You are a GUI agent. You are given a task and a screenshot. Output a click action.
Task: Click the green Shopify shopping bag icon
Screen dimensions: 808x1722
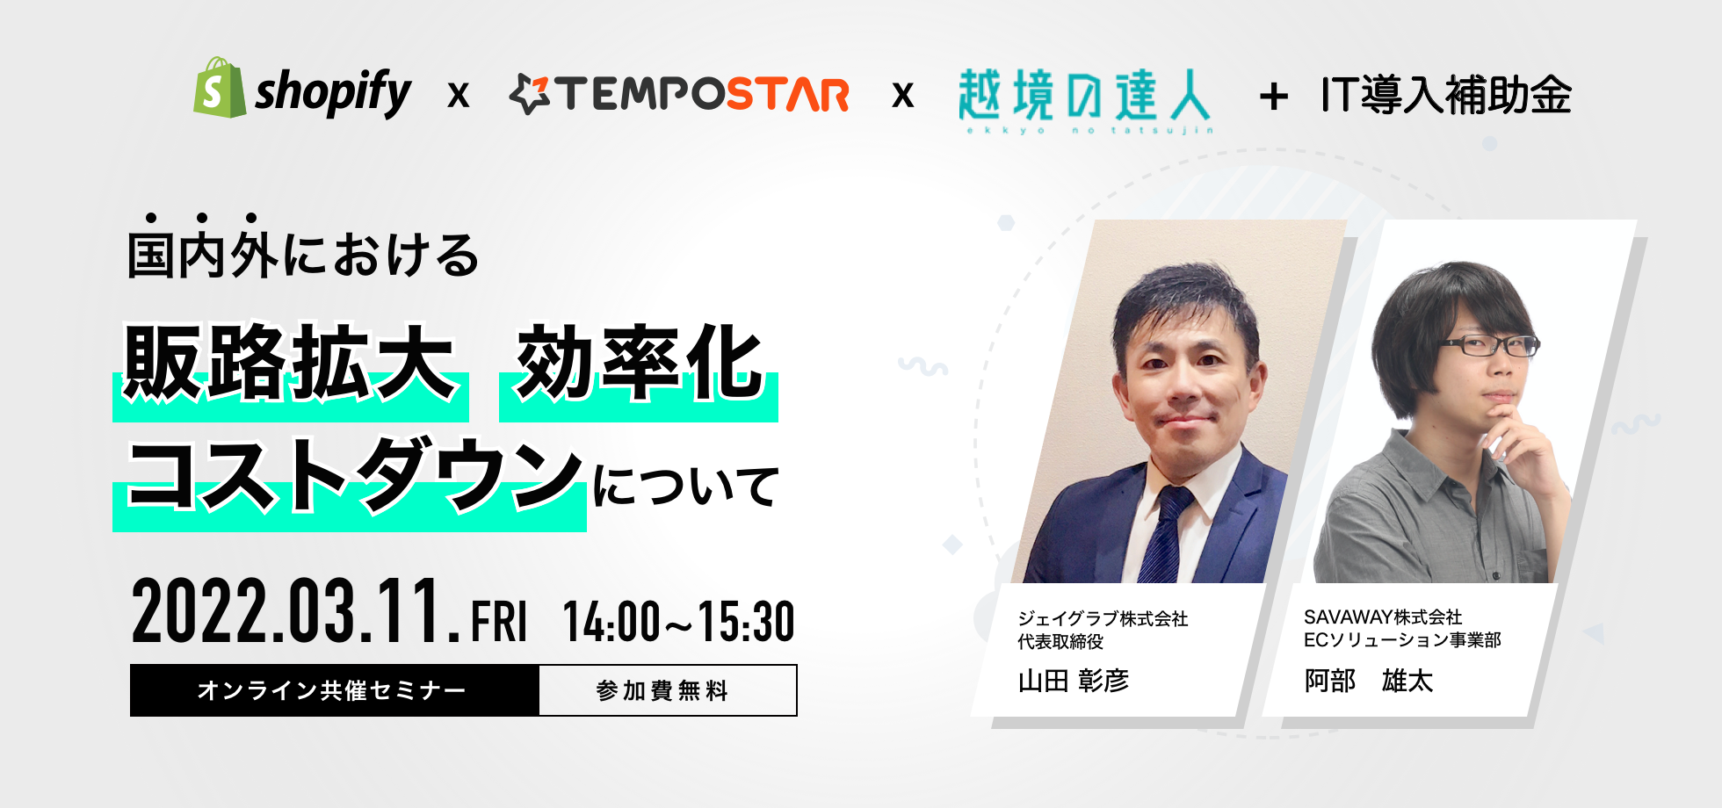tap(219, 88)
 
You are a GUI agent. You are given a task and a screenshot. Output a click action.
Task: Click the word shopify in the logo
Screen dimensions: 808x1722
tap(333, 92)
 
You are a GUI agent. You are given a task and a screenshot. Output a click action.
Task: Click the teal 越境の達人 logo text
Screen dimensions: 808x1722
tap(1084, 95)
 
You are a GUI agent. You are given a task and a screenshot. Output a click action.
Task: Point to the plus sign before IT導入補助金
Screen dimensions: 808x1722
tap(1273, 97)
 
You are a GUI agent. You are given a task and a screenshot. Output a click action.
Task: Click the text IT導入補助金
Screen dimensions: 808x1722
tap(1446, 95)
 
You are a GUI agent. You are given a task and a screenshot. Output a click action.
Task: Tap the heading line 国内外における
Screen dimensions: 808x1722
tap(303, 255)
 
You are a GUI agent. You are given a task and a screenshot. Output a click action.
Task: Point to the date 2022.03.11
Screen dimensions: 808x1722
tap(295, 612)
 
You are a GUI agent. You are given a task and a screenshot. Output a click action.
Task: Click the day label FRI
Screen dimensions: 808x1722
tap(499, 622)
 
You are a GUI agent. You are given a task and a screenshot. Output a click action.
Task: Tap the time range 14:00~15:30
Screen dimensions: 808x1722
tap(678, 622)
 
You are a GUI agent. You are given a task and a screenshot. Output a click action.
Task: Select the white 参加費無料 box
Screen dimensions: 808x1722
tap(667, 690)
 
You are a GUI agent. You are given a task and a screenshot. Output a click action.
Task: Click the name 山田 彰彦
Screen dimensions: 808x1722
tap(1073, 681)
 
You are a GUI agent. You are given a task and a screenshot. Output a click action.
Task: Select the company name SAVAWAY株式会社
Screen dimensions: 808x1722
tap(1382, 617)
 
